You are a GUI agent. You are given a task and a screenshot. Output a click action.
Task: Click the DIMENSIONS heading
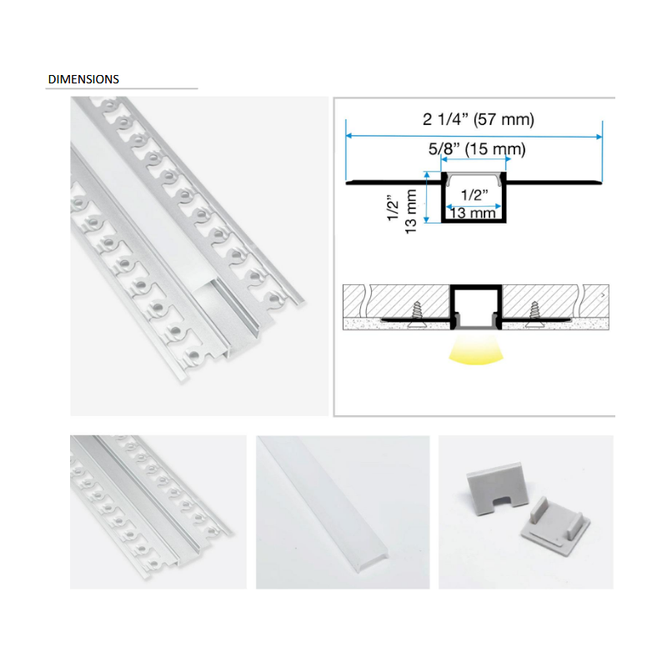point(83,80)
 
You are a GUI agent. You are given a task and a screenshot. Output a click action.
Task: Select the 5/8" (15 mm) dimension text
point(477,150)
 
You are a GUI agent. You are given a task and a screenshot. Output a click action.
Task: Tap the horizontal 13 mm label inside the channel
point(473,212)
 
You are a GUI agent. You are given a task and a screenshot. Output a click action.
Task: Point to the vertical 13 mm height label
point(410,212)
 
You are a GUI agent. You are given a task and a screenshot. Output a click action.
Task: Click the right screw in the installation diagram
point(534,313)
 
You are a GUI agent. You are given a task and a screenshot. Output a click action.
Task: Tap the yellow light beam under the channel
point(474,352)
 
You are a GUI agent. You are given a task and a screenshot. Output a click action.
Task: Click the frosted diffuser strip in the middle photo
point(342,510)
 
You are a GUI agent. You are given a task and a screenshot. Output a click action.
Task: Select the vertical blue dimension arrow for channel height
point(426,198)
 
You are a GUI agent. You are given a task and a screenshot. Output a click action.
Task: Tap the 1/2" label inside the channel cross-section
point(473,196)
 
